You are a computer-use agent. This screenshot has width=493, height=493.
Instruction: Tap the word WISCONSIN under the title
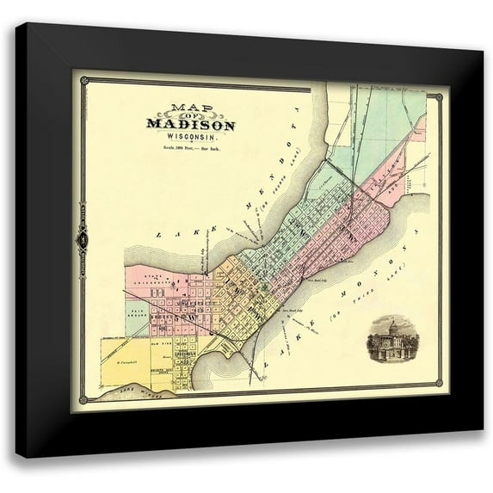190,137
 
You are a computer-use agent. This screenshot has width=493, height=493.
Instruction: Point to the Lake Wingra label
124,392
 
